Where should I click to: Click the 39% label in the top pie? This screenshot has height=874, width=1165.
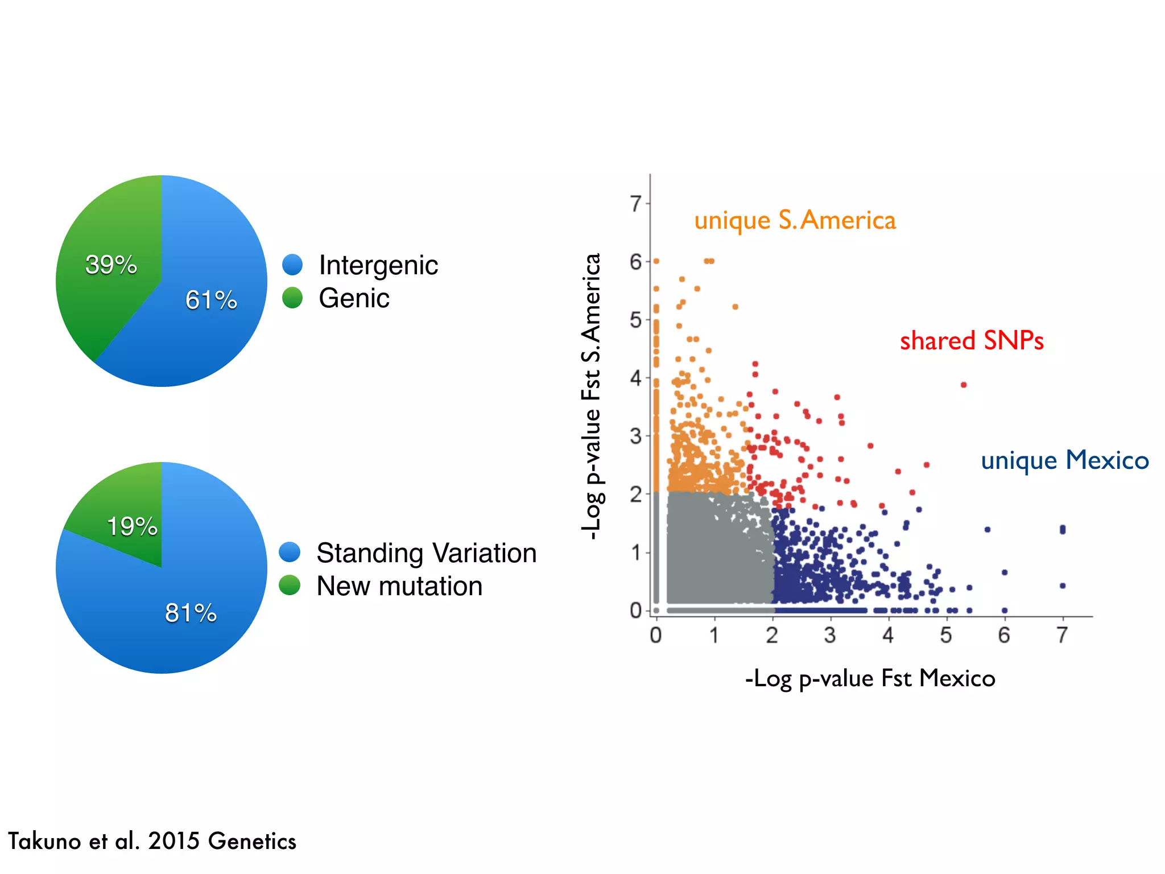[111, 265]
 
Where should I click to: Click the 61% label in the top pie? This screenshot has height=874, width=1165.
[211, 300]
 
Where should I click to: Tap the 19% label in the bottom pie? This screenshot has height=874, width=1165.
[132, 526]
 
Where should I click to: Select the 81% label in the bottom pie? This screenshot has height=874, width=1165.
[191, 613]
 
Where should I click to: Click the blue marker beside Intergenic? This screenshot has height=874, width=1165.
[292, 265]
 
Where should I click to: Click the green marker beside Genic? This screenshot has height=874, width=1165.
[292, 298]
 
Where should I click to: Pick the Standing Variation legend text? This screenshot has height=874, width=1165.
[426, 553]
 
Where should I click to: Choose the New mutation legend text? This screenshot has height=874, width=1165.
[399, 586]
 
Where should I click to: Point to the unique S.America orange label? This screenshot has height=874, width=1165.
[795, 221]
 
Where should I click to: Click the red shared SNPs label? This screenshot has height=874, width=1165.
[972, 341]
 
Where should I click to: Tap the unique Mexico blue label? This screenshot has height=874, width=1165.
[1065, 460]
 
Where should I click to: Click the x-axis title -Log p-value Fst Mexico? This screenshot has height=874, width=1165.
[870, 679]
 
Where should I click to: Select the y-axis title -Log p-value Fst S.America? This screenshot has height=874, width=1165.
[592, 397]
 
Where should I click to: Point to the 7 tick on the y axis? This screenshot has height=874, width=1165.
[635, 204]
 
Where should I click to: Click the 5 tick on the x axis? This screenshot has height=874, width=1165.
[946, 635]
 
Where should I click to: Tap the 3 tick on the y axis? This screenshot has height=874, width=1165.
[635, 436]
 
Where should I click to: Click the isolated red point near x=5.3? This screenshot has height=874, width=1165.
[964, 385]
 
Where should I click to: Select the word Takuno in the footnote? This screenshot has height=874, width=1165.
[45, 841]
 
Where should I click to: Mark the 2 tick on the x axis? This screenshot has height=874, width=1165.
[772, 635]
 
